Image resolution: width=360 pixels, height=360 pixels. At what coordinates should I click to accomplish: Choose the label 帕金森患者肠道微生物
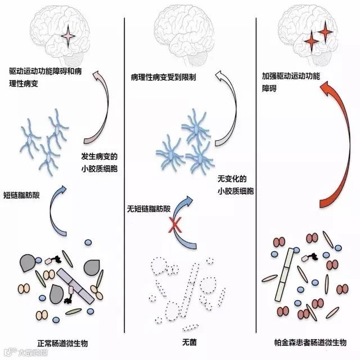click(308, 341)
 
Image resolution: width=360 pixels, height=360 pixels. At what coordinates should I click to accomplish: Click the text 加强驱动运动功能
click(291, 75)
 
